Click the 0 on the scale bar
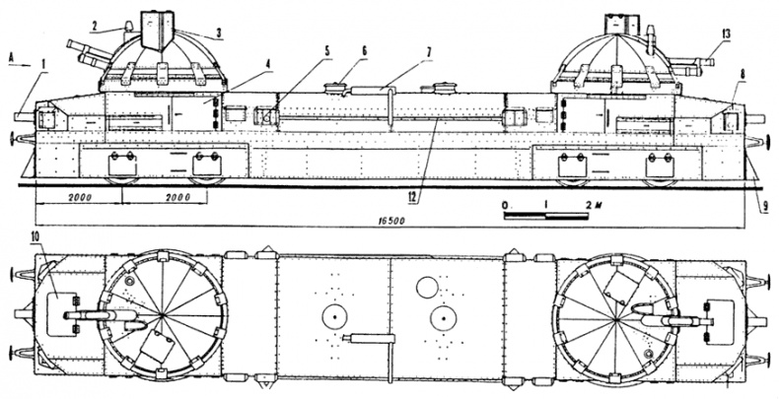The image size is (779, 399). [x=504, y=202]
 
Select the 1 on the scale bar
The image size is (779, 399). [x=544, y=202]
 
